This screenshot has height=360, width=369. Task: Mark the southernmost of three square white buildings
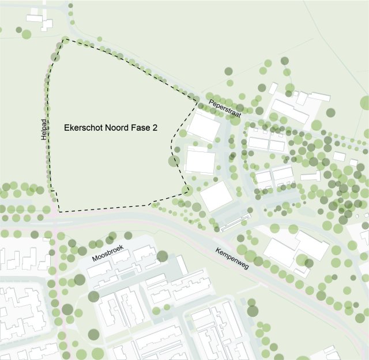pos(216,196)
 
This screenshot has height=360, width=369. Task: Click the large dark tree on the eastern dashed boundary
pos(174,161)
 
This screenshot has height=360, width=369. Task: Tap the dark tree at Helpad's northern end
pos(55,56)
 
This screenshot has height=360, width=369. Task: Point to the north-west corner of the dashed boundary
pos(64,39)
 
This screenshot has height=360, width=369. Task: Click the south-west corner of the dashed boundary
pos(58,211)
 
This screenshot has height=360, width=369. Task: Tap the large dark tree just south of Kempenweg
pos(253,310)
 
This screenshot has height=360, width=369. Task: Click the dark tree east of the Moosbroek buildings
pos(162,256)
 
